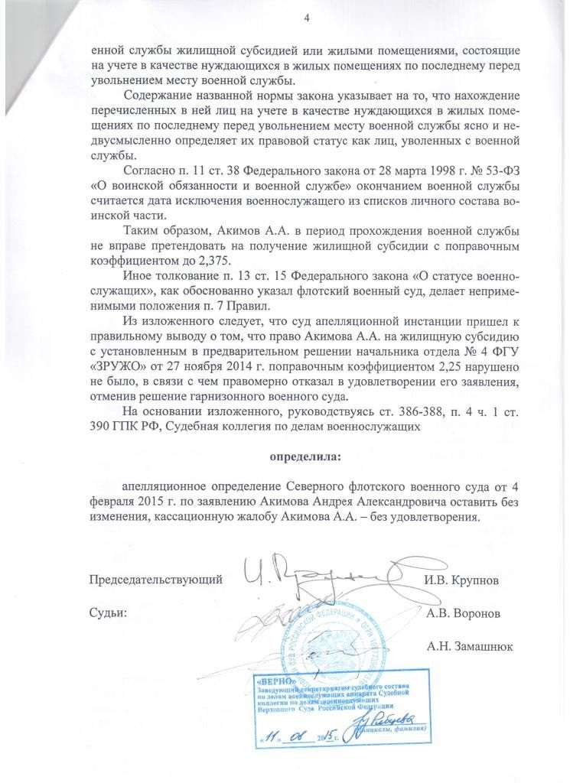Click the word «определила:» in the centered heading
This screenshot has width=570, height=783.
click(x=305, y=457)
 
